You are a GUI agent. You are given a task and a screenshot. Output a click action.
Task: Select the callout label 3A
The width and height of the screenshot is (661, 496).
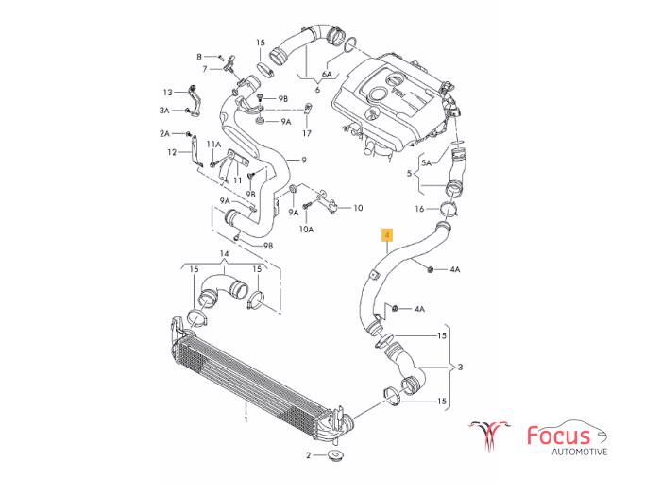164,111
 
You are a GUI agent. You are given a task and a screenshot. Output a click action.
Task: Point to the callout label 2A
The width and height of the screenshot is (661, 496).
164,134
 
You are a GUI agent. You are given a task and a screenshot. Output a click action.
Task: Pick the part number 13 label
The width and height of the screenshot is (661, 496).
167,93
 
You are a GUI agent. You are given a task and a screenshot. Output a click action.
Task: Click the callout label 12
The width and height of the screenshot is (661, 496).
172,151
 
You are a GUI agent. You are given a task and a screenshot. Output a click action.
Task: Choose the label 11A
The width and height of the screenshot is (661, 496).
214,145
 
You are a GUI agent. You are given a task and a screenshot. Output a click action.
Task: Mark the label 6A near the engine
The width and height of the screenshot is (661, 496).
328,73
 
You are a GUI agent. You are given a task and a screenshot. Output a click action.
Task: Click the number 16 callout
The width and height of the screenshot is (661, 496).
420,209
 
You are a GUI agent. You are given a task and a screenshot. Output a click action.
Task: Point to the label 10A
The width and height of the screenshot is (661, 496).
306,230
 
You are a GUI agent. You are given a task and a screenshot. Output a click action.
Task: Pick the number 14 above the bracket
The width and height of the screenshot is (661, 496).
224,254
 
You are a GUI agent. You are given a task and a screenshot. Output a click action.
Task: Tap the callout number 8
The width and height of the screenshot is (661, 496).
199,57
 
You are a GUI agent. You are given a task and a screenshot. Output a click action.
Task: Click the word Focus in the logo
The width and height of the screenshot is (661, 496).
558,436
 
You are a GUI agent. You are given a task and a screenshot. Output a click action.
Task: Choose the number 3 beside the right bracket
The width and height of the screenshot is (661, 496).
460,367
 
